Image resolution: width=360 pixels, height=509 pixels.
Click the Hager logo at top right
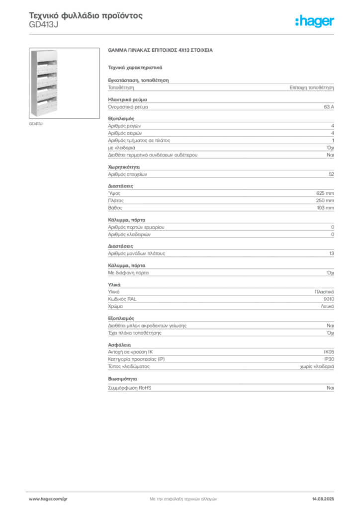[x=315, y=21]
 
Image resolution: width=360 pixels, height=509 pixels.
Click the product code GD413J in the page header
[x=43, y=25]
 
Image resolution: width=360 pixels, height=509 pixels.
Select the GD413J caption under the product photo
[x=36, y=124]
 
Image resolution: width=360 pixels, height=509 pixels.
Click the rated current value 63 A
[x=329, y=107]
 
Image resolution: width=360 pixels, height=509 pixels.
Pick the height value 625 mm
[x=325, y=193]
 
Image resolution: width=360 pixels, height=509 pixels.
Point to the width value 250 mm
[x=325, y=200]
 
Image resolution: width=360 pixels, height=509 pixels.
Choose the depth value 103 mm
[x=325, y=208]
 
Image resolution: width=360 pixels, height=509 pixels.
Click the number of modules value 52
[x=332, y=174]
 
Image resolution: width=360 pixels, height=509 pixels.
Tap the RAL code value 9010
[x=329, y=299]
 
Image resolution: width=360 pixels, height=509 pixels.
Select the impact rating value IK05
[x=329, y=352]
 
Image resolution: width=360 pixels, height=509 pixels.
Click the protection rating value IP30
[x=329, y=359]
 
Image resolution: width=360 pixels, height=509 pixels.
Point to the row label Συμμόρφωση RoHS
[x=129, y=388]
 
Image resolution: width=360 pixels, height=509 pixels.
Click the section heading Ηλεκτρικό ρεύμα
[x=127, y=99]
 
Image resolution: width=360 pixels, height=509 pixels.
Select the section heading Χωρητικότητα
[x=124, y=167]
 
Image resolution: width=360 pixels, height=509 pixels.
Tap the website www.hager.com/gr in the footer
[x=48, y=499]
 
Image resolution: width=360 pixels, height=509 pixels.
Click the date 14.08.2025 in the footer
[x=323, y=499]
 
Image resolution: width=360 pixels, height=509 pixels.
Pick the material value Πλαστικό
[x=324, y=292]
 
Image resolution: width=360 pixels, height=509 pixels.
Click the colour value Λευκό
[x=328, y=306]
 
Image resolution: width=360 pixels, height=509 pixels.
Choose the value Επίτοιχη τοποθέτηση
[x=312, y=87]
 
